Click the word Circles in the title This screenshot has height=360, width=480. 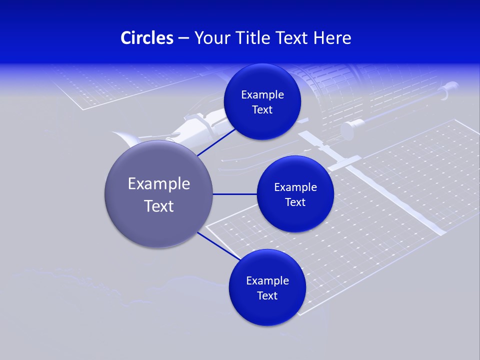(147, 38)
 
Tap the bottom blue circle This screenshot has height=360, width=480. (267, 310)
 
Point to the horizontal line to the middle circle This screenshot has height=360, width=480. (234, 194)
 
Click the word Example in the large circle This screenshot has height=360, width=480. (159, 184)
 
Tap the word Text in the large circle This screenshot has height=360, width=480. (159, 206)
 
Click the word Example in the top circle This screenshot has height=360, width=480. (262, 95)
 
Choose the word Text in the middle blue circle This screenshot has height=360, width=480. (295, 202)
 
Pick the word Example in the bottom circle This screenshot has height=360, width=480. (267, 281)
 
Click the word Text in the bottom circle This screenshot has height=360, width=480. (267, 296)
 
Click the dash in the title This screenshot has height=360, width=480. (183, 38)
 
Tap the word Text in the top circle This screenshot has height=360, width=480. (262, 110)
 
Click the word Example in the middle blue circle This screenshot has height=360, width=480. (295, 187)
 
